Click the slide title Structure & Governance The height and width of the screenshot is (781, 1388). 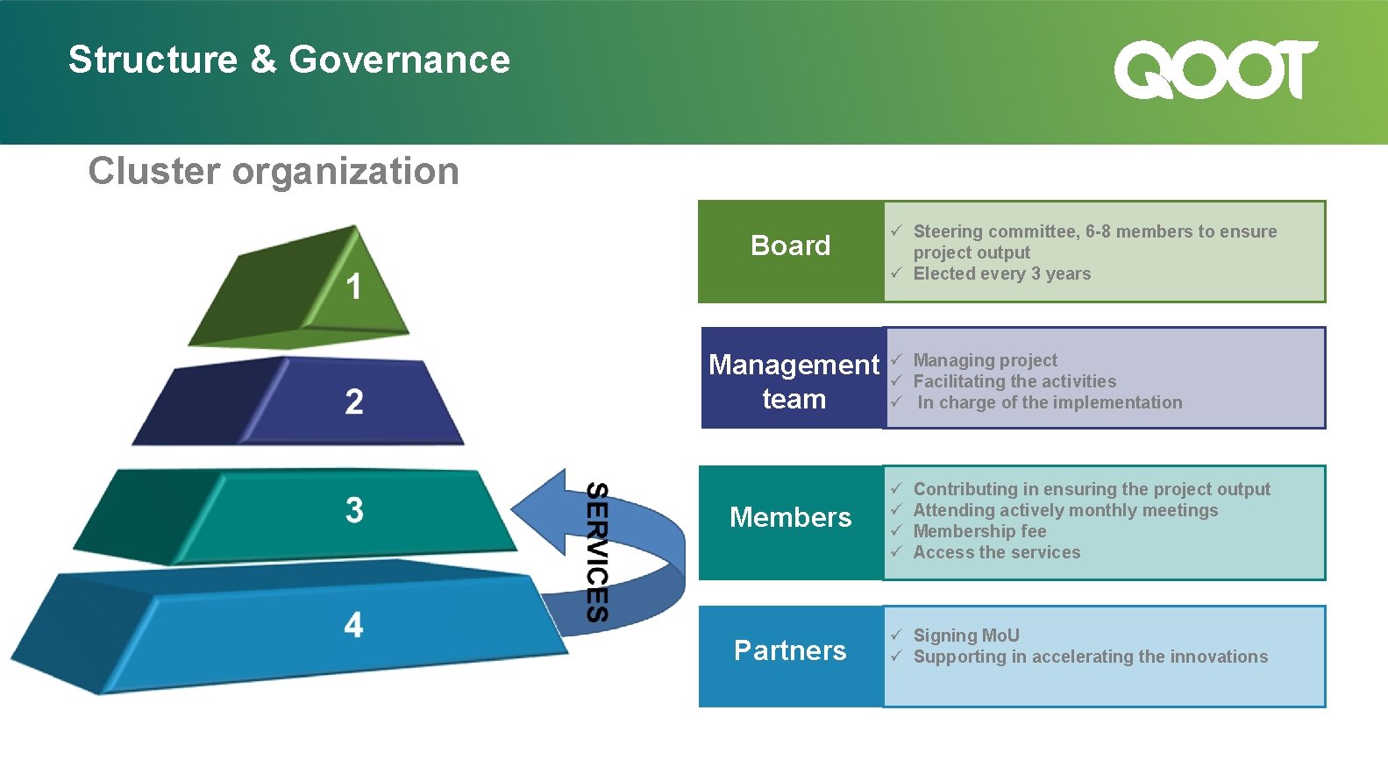(x=288, y=60)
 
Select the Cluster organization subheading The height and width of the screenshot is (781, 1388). (x=274, y=171)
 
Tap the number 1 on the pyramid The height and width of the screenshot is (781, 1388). (x=353, y=287)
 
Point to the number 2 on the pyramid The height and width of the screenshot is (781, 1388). (x=354, y=401)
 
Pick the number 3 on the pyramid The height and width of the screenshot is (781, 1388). (x=354, y=510)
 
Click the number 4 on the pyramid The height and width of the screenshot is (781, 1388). (x=353, y=625)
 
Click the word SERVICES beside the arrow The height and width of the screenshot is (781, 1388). (x=597, y=552)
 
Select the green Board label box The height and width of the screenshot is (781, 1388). (x=790, y=252)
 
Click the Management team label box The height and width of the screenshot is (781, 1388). (x=793, y=378)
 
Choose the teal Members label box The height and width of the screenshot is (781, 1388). (x=790, y=522)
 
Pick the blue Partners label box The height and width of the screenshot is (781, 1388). (x=790, y=656)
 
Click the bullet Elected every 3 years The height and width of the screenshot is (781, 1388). (x=1001, y=273)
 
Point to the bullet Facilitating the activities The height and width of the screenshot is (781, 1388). (x=1014, y=381)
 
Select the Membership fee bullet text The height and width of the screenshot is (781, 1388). (x=979, y=531)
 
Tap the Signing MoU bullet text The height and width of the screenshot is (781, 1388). (x=966, y=635)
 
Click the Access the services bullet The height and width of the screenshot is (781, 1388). (x=996, y=552)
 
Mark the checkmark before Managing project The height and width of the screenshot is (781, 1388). (x=896, y=359)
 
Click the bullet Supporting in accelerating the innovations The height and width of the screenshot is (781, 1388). (x=1090, y=657)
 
